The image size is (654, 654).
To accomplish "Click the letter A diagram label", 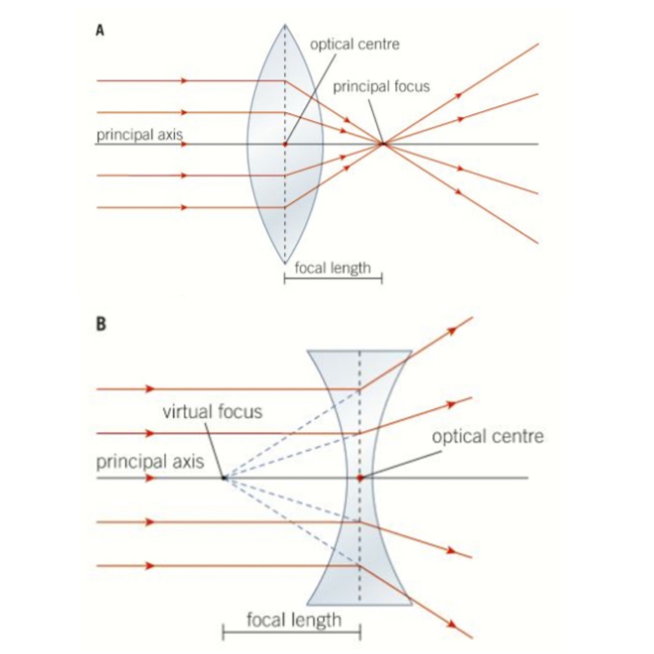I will point(100,31).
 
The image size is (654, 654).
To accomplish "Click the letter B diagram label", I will point(101,325).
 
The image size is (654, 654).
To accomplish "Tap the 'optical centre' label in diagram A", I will point(354,45).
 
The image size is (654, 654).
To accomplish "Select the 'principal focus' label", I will point(381,87).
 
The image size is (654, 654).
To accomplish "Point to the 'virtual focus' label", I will point(212,411).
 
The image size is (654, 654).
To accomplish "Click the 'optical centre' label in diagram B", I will point(488,436).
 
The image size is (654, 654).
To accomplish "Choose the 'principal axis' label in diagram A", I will point(139,135).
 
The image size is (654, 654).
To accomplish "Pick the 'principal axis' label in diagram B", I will point(150,462).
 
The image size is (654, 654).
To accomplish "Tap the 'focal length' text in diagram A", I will point(332,268).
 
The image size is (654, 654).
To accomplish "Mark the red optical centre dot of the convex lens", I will point(285,145).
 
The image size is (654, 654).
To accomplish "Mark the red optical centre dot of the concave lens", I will point(360,478).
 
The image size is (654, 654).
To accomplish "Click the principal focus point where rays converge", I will point(383,144).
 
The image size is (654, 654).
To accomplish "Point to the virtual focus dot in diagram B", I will point(224,478).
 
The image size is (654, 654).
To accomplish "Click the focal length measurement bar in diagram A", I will point(333,279).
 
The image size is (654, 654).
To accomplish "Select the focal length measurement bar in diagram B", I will point(292,632).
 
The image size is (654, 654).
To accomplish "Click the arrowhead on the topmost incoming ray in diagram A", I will point(184,80).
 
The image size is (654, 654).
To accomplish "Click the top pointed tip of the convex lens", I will point(284,25).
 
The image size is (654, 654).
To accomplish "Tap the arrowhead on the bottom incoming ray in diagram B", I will point(150,566).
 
